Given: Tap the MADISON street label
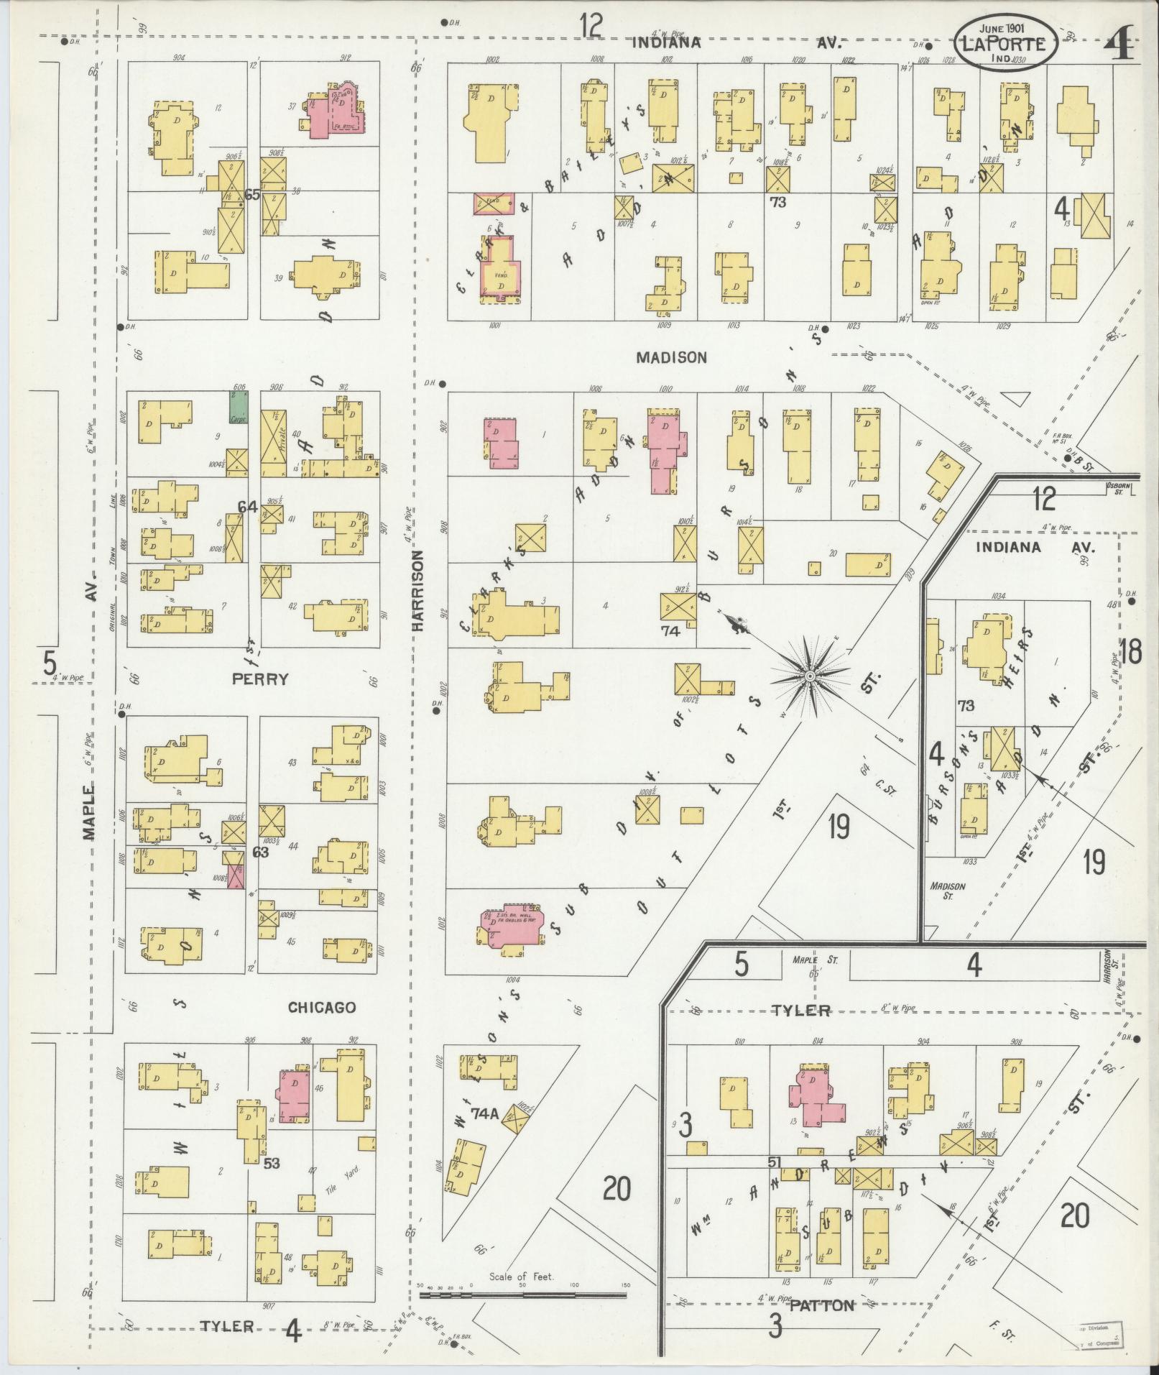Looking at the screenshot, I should point(671,357).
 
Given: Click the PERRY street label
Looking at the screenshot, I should point(260,679).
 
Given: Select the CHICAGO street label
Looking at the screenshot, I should point(322,1007).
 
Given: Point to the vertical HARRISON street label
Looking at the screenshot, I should point(418,591).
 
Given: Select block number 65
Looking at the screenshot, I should point(252,194).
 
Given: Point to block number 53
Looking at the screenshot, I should point(271,1163).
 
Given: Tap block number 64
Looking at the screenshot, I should point(247,507).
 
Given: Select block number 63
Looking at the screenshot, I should point(260,852).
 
